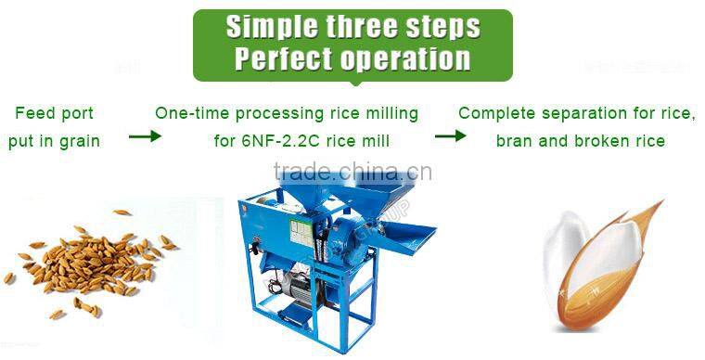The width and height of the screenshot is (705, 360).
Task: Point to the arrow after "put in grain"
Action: [144, 136]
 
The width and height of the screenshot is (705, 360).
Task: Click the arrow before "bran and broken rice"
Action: [450, 136]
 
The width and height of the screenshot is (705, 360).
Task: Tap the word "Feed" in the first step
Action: [31, 114]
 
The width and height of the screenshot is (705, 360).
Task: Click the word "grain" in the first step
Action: [81, 142]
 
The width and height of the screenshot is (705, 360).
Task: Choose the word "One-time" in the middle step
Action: [187, 114]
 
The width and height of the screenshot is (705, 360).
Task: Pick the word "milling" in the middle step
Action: [391, 114]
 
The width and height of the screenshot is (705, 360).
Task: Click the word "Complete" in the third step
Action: [494, 114]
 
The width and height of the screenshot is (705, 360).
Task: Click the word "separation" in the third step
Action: [581, 114]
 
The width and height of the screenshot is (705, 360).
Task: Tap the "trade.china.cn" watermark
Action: [352, 173]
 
